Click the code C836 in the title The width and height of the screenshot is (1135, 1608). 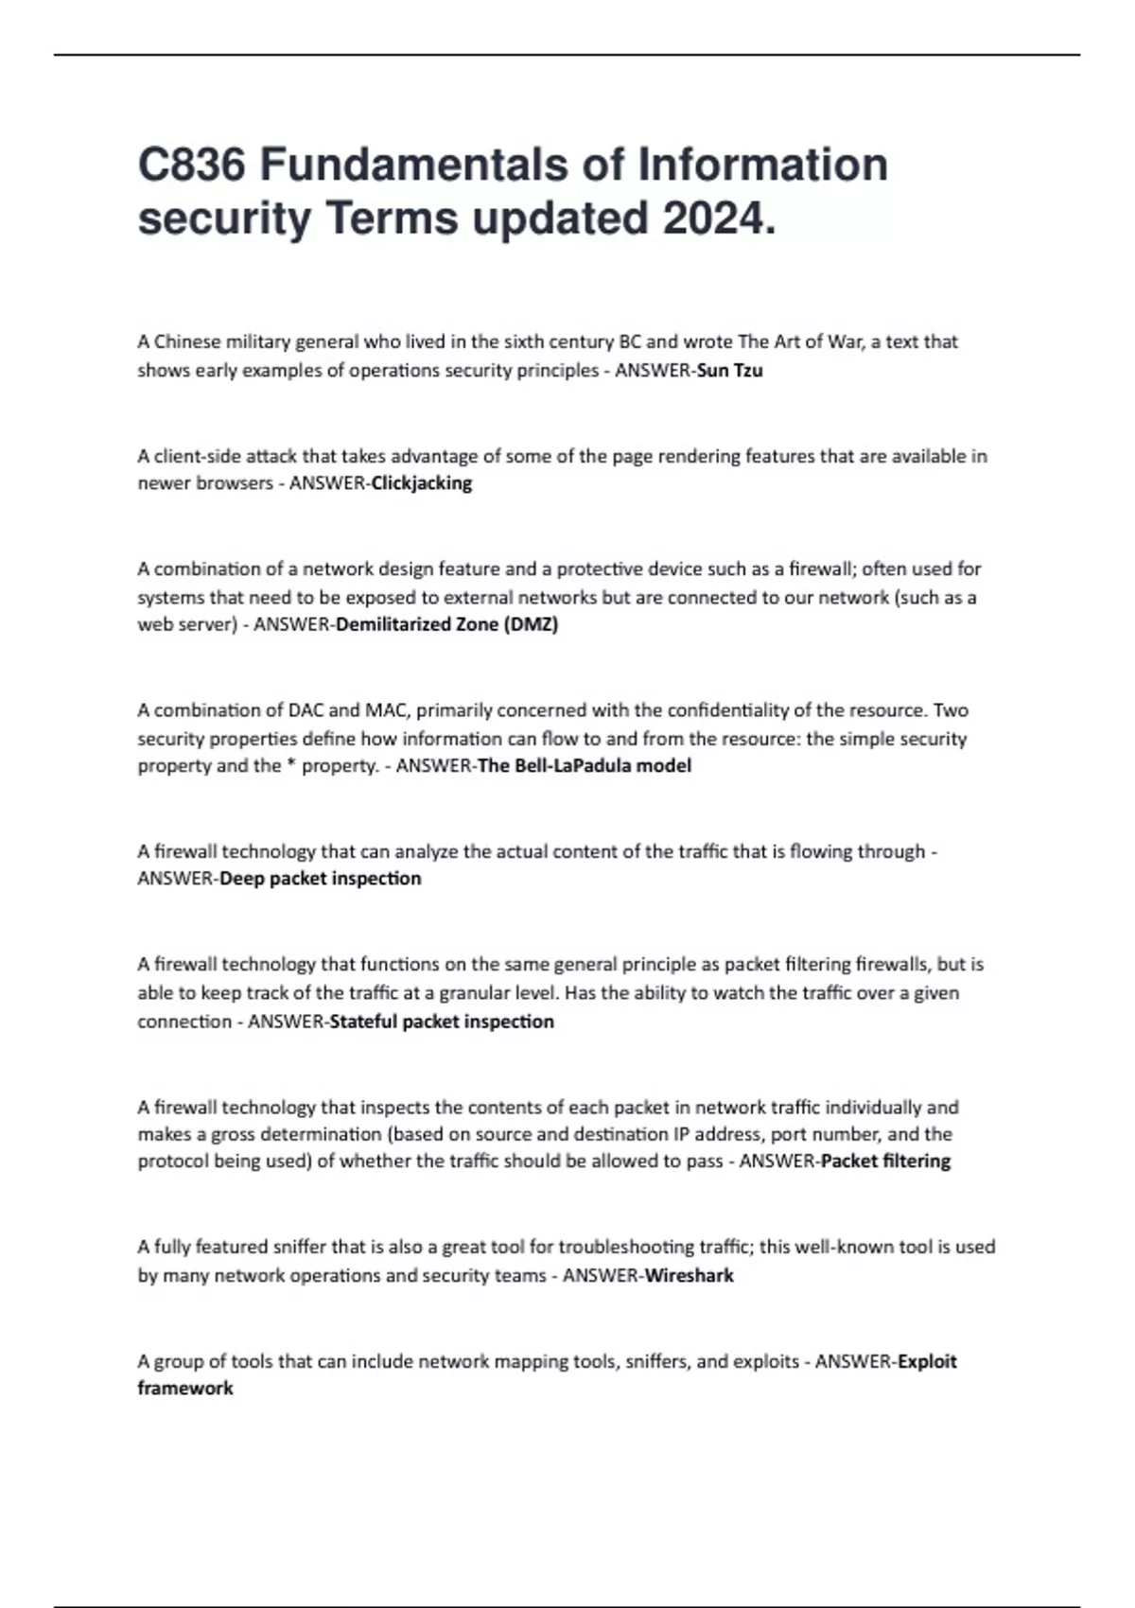tap(192, 165)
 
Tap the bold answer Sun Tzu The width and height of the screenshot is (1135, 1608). tap(729, 370)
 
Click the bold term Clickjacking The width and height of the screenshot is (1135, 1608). tap(422, 483)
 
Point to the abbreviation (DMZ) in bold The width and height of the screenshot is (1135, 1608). tap(531, 624)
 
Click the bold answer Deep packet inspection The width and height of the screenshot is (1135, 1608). tap(321, 879)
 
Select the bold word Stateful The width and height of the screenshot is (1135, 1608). tap(363, 1022)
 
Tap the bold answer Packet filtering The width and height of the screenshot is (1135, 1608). tap(886, 1161)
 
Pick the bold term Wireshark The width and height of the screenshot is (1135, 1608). tap(689, 1275)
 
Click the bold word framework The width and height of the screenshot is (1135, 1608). tap(185, 1388)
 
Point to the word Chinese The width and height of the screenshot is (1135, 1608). tap(187, 341)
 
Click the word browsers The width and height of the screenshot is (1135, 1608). tap(233, 483)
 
